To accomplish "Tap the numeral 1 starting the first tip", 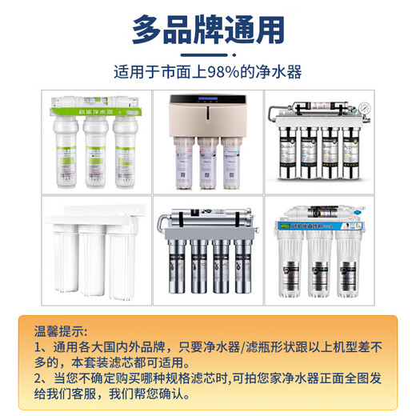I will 38,346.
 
